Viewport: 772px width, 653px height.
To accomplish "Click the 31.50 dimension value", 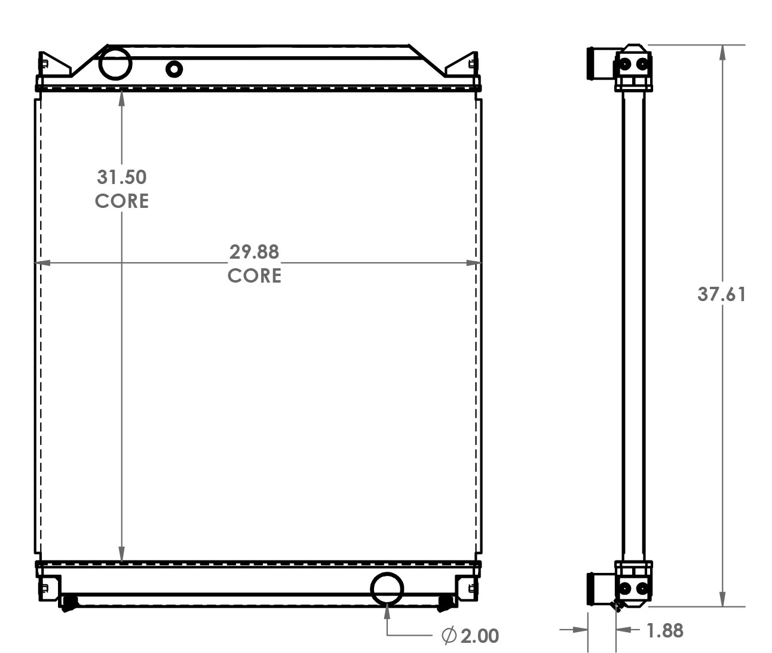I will coord(122,177).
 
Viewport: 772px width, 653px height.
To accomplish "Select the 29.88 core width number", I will coord(255,252).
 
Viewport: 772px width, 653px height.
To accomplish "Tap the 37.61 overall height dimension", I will coord(722,294).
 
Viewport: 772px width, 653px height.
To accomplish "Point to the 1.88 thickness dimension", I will coord(664,630).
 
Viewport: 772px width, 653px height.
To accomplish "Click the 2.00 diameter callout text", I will coord(479,636).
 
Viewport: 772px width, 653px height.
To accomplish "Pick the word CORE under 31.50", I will coord(122,201).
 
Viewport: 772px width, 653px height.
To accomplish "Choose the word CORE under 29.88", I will coord(255,275).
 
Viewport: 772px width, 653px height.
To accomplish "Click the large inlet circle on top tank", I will coord(115,63).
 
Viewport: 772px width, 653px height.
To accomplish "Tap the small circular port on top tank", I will coord(174,69).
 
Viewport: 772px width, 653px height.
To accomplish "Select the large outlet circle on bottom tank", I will coord(387,588).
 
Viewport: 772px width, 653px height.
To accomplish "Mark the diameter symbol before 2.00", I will coord(449,636).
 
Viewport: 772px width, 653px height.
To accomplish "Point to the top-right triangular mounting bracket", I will coord(462,65).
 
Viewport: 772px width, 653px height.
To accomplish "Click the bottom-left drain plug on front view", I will coord(69,603).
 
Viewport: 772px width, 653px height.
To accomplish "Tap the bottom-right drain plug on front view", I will coord(445,603).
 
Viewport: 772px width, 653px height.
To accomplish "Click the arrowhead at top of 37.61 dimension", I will coord(722,52).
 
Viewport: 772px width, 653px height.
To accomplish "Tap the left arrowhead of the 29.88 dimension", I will coord(41,262).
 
